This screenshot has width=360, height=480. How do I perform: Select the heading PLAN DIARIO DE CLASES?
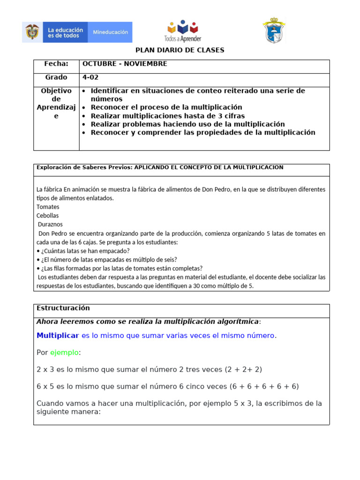coord(180,50)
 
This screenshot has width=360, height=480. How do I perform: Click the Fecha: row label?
coord(56,64)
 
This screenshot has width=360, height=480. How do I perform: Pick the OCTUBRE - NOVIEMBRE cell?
coord(125,64)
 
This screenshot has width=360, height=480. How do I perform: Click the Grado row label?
coord(56,77)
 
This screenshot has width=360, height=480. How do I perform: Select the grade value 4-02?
coord(90,77)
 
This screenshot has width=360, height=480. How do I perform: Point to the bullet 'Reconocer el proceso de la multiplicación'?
coord(166,107)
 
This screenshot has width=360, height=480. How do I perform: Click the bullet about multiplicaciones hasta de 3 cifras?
coord(167,116)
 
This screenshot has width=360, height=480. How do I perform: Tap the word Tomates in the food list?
coord(48,207)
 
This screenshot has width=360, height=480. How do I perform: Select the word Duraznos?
coord(50,225)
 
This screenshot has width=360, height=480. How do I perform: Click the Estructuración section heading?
coord(63,308)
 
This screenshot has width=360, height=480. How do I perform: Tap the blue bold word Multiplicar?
coord(58,336)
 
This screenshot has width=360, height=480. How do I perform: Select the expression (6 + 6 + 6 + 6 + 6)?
coord(264,386)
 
